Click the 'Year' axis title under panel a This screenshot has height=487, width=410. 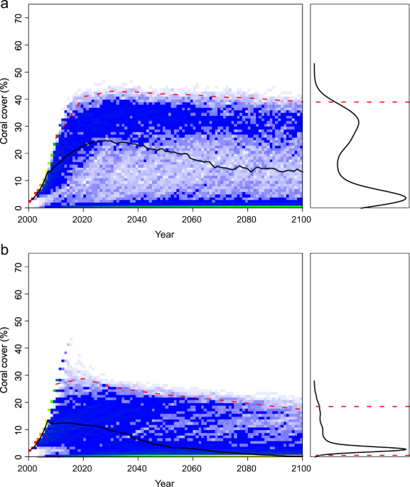pyautogui.click(x=165, y=233)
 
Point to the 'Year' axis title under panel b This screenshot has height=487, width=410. pyautogui.click(x=165, y=482)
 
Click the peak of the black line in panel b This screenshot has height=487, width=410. pyautogui.click(x=48, y=421)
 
